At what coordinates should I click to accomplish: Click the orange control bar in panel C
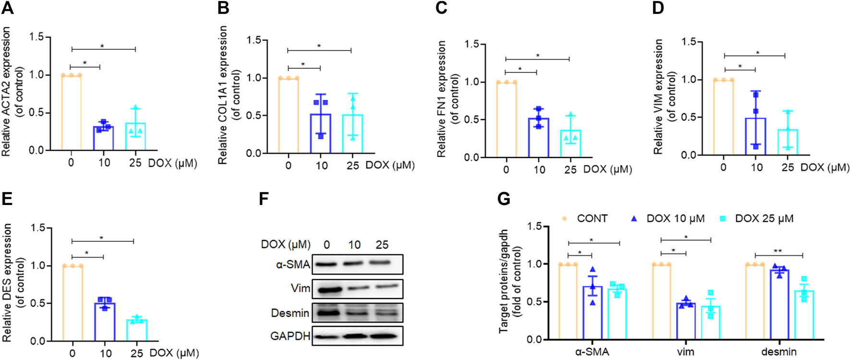[507, 120]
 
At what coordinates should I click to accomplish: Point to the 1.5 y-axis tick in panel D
[689, 42]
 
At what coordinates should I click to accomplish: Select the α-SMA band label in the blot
[293, 264]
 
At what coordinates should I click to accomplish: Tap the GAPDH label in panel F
[290, 336]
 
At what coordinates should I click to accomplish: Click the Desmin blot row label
[290, 313]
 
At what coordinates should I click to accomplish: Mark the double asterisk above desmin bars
[778, 251]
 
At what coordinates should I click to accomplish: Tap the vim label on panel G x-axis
[685, 351]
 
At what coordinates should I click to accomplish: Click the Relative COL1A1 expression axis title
[223, 95]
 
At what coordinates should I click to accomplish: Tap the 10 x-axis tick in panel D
[756, 167]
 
